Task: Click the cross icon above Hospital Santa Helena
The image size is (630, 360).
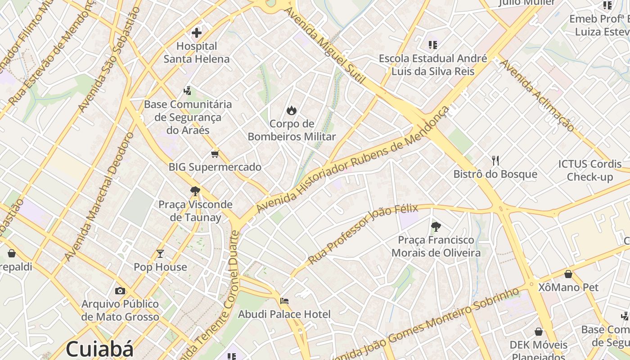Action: pyautogui.click(x=196, y=32)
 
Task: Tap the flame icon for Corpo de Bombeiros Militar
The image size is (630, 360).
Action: pyautogui.click(x=292, y=110)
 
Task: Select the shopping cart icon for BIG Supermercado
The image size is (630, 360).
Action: pyautogui.click(x=215, y=154)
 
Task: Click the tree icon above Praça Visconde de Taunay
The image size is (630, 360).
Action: pyautogui.click(x=195, y=191)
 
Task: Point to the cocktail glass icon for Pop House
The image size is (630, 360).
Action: pyautogui.click(x=160, y=254)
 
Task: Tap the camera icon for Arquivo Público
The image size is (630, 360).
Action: pyautogui.click(x=120, y=291)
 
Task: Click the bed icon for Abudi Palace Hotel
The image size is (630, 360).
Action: pyautogui.click(x=284, y=301)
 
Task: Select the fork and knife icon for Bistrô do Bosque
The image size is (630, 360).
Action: pyautogui.click(x=495, y=161)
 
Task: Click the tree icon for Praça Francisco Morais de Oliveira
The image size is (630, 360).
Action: pyautogui.click(x=436, y=227)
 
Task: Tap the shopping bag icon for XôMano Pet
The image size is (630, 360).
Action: pyautogui.click(x=568, y=274)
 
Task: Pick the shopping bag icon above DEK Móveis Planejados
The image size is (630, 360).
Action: pyautogui.click(x=539, y=332)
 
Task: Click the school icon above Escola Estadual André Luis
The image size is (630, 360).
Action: pyautogui.click(x=433, y=45)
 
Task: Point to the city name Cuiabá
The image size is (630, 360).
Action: pyautogui.click(x=100, y=349)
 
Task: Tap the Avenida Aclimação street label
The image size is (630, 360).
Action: pyautogui.click(x=537, y=95)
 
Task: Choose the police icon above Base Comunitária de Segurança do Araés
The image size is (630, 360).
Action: pyautogui.click(x=187, y=91)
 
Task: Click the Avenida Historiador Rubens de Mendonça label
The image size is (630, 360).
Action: pyautogui.click(x=353, y=160)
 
